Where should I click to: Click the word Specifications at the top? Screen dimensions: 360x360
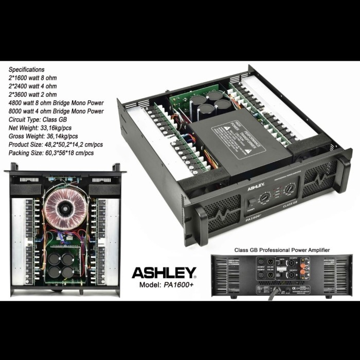coord(26,69)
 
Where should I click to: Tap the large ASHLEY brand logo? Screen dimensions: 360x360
coord(164,272)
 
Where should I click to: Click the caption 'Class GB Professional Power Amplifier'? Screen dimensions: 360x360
coord(282,249)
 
